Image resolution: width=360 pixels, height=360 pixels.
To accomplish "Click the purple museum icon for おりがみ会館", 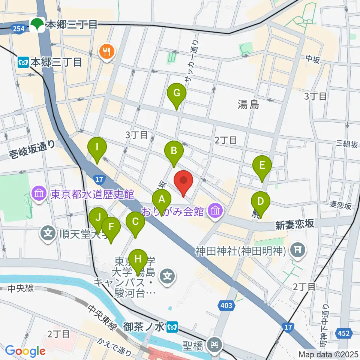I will (215, 210).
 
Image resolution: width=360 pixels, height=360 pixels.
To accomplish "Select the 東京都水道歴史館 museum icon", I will (39, 194).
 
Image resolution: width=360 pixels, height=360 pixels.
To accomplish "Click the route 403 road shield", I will (226, 306).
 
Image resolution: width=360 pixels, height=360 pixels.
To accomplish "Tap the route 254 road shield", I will (18, 28).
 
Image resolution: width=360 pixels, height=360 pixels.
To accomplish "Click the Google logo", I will (25, 351).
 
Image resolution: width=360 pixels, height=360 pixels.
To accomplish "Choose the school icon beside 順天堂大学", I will (48, 234).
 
